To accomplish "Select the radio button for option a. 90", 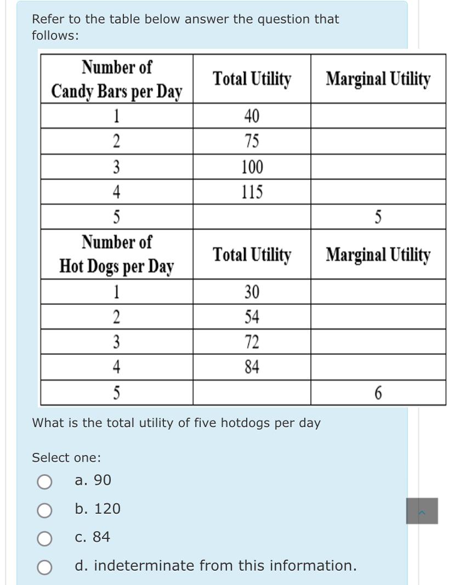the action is (44, 481).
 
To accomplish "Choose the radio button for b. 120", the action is (44, 510).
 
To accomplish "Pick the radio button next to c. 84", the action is (44, 538).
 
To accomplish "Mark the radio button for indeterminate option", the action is (44, 567).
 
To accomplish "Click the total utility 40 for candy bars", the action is (252, 116).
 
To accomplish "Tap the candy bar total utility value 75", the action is (252, 141).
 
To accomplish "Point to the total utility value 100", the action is (252, 167).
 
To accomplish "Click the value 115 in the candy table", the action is (252, 192).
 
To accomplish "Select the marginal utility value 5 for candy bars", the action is (378, 218).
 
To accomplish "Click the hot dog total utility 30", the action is (252, 292).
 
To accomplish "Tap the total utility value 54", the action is (252, 317).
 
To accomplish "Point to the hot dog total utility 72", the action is (252, 342).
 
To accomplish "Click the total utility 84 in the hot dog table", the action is (252, 367).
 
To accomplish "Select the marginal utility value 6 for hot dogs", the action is (378, 393).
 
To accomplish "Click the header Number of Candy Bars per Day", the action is (117, 79).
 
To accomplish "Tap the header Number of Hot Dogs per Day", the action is (117, 254).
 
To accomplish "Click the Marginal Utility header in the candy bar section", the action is (378, 79).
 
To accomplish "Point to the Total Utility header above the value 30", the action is (252, 255).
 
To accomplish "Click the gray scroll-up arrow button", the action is (422, 511).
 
